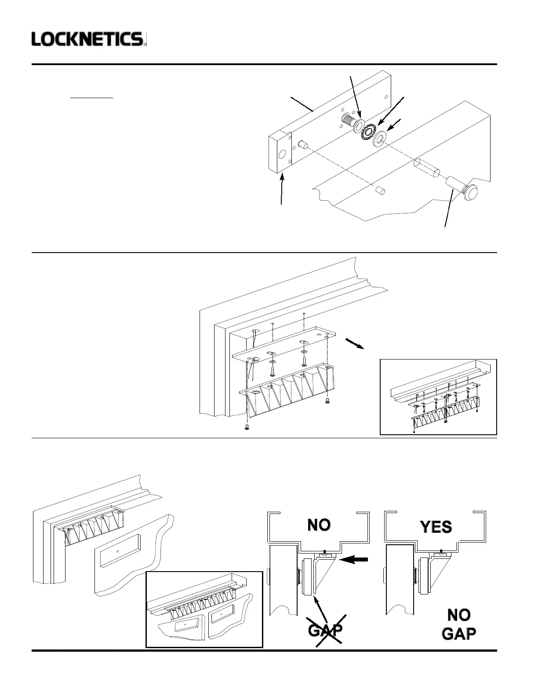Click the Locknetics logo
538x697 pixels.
88,39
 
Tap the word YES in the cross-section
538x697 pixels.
436,527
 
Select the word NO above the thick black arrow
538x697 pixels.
319,525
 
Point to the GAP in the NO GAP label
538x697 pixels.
458,634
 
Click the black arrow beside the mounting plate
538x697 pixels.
355,344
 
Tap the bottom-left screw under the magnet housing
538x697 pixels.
247,427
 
